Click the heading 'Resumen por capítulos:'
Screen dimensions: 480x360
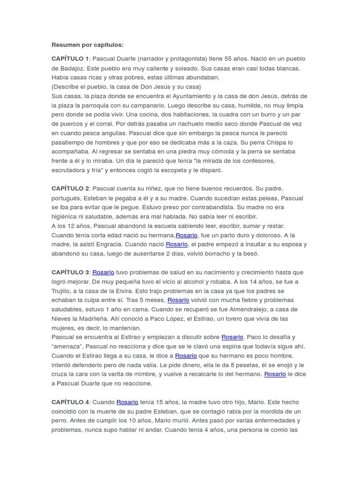87,45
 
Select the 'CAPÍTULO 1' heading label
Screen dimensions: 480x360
70,59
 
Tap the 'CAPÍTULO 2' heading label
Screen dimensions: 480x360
70,188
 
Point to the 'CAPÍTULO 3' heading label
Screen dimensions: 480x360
70,272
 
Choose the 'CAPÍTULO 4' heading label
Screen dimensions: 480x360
70,402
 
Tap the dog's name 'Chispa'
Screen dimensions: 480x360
277,142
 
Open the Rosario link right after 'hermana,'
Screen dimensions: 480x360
187,235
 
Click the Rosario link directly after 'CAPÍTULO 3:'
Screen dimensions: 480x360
103,272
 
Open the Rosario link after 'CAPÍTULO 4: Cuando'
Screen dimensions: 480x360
127,402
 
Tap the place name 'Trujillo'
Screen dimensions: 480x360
63,291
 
